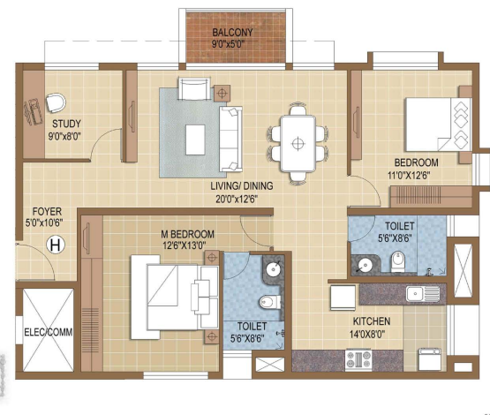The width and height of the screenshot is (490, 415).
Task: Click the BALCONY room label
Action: click(232, 32)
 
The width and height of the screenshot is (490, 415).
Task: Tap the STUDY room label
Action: click(66, 124)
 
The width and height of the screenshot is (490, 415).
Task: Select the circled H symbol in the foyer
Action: click(56, 245)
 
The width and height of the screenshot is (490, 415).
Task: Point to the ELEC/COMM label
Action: click(49, 332)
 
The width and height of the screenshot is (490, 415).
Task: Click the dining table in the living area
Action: click(298, 143)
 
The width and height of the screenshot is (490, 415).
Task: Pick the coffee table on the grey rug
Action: click(195, 140)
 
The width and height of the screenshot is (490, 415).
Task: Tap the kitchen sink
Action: click(423, 294)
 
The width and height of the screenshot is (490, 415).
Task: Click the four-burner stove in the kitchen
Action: click(358, 359)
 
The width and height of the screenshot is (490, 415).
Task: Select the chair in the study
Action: click(56, 102)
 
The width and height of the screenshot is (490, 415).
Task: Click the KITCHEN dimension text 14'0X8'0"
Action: click(367, 335)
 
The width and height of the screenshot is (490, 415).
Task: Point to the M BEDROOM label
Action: click(187, 234)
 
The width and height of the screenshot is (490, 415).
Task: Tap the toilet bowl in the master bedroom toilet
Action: click(269, 302)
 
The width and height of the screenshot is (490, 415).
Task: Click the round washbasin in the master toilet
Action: click(274, 268)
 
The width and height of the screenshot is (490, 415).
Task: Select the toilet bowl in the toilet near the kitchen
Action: click(398, 261)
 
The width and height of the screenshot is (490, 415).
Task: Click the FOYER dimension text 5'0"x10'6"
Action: click(44, 223)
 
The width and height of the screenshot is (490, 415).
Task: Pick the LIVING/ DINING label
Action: click(242, 186)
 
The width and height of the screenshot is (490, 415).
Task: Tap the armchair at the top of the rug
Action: click(194, 89)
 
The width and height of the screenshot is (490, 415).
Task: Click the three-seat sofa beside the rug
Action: click(230, 139)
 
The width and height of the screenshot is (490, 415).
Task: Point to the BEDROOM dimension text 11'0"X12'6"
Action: click(409, 176)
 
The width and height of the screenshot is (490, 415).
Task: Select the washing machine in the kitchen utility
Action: click(430, 359)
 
